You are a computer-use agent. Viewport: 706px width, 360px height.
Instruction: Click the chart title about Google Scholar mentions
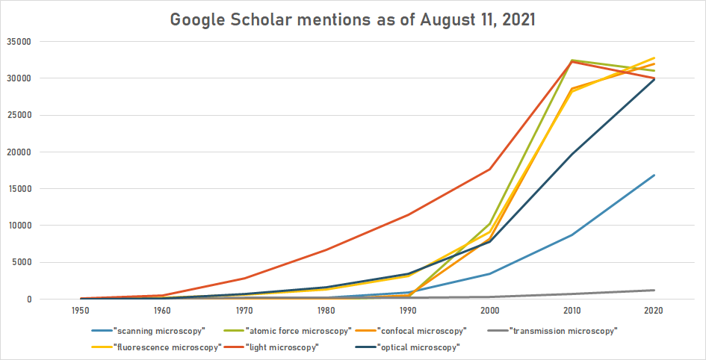coord(353,19)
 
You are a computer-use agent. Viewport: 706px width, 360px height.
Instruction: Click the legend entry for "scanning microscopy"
coord(153,330)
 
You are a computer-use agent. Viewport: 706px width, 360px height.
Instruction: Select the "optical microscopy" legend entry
coord(415,347)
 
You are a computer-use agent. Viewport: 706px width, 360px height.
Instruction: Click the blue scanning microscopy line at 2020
coord(654,176)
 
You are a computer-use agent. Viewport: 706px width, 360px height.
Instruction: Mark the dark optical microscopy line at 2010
coord(572,155)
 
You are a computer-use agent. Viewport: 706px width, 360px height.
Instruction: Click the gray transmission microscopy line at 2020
coord(654,290)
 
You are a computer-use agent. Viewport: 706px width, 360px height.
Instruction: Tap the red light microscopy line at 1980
coord(326,249)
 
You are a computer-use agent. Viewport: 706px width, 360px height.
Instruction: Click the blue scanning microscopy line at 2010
coord(572,235)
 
